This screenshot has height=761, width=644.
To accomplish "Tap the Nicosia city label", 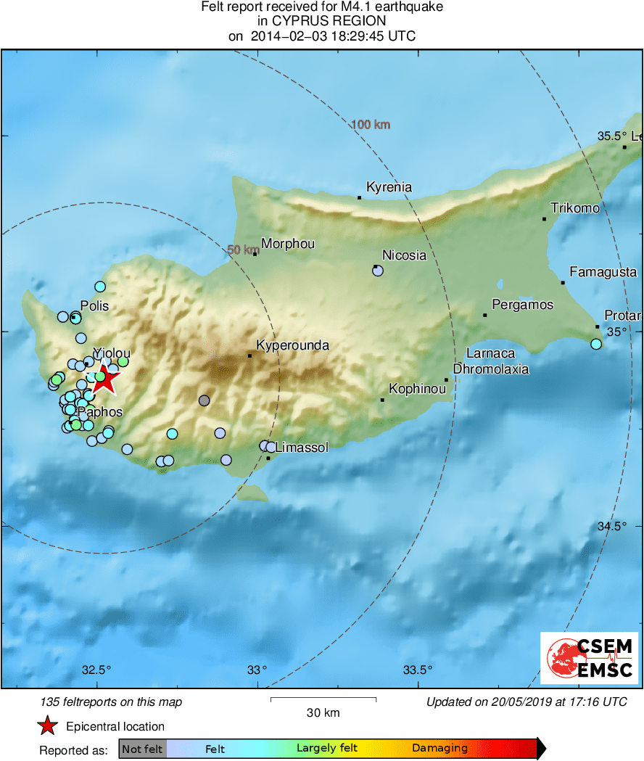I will pyautogui.click(x=404, y=255).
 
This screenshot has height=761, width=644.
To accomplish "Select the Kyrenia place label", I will pyautogui.click(x=389, y=187).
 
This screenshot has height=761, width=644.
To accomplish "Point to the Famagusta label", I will pyautogui.click(x=603, y=272).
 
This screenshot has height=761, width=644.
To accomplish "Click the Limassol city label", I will pyautogui.click(x=302, y=448).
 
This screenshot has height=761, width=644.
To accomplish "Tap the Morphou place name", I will pyautogui.click(x=287, y=244).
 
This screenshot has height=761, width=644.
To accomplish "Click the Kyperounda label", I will pyautogui.click(x=293, y=345).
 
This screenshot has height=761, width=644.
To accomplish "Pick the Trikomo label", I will pyautogui.click(x=575, y=208).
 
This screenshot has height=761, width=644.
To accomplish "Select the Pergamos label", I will pyautogui.click(x=522, y=305).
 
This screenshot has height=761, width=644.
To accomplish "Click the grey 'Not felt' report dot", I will pyautogui.click(x=205, y=400).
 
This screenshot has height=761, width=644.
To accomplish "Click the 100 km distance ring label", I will pyautogui.click(x=371, y=125).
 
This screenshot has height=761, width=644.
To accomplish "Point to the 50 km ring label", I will pyautogui.click(x=242, y=250).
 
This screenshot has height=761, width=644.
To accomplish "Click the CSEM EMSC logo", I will pyautogui.click(x=590, y=658).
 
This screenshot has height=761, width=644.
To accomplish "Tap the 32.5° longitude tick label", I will pyautogui.click(x=96, y=670).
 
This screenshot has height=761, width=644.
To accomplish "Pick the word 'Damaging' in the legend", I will pyautogui.click(x=439, y=749).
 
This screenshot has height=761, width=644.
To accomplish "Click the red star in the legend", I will pyautogui.click(x=48, y=726).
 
